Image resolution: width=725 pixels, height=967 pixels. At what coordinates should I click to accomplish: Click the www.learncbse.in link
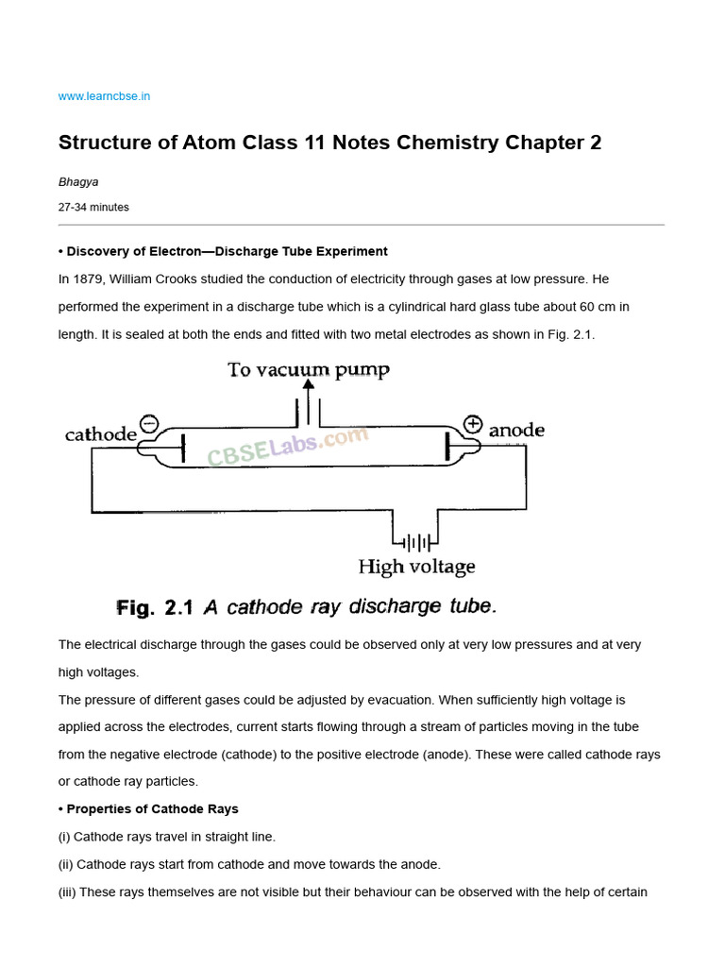pyautogui.click(x=105, y=96)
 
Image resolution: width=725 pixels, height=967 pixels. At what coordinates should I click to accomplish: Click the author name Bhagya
pyautogui.click(x=78, y=182)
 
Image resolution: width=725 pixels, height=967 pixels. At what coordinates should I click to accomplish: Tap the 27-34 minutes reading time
pyautogui.click(x=93, y=207)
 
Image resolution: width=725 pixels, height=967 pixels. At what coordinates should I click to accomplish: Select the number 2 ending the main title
pyautogui.click(x=595, y=143)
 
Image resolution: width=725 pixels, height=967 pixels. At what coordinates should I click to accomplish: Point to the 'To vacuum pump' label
pyautogui.click(x=309, y=369)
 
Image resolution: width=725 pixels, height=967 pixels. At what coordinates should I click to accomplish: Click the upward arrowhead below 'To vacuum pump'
pyautogui.click(x=309, y=384)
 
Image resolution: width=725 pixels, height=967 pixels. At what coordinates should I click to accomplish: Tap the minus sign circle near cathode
pyautogui.click(x=149, y=423)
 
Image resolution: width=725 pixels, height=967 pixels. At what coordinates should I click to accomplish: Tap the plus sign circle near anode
pyautogui.click(x=473, y=423)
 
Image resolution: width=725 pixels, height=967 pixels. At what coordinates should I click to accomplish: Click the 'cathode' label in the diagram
pyautogui.click(x=101, y=435)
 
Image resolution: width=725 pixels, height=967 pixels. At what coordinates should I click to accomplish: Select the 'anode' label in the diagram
pyautogui.click(x=516, y=431)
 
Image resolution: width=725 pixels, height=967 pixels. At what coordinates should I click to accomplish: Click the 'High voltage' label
pyautogui.click(x=416, y=567)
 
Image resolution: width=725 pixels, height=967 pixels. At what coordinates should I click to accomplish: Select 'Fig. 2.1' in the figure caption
pyautogui.click(x=155, y=608)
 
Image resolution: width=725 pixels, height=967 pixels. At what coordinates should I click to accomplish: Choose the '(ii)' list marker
pyautogui.click(x=65, y=864)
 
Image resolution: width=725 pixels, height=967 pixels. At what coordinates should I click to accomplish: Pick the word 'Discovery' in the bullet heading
pyautogui.click(x=98, y=251)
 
